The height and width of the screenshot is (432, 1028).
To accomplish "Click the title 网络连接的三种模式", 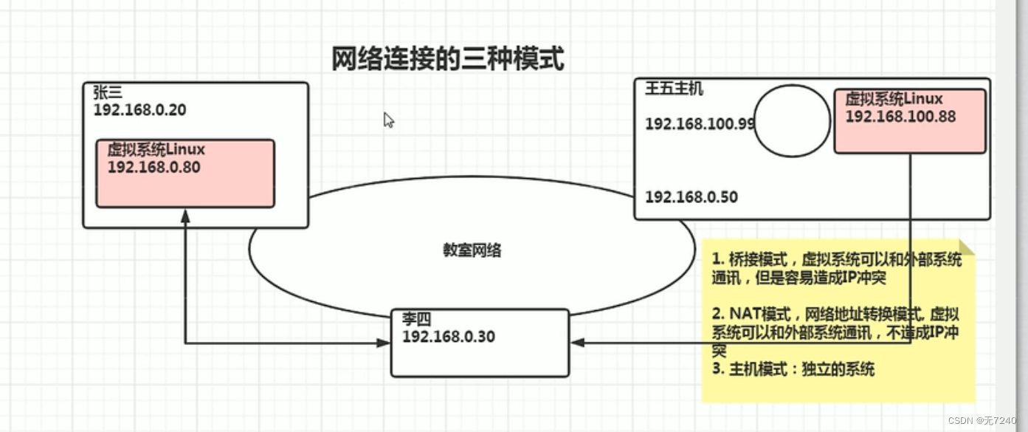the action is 448,58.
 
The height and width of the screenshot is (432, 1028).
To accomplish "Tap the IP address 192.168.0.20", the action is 139,110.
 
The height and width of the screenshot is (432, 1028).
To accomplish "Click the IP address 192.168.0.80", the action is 153,167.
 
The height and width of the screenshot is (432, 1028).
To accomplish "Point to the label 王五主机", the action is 674,89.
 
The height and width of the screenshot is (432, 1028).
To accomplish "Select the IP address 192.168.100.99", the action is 700,123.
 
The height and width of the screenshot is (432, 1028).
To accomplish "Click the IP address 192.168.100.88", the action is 900,116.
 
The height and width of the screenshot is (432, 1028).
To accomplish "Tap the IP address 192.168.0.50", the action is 691,197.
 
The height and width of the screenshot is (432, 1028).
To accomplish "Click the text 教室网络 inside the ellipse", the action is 472,250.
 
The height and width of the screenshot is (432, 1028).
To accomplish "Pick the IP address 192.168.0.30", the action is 448,337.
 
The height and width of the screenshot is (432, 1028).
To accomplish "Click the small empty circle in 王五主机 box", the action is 792,121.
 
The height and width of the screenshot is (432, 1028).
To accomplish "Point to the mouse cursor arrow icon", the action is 388,120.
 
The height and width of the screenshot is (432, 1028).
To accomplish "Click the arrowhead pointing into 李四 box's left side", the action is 383,343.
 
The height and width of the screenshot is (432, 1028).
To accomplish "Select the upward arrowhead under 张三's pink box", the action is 185,216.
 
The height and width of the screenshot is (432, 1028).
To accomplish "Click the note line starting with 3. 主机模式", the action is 793,368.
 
